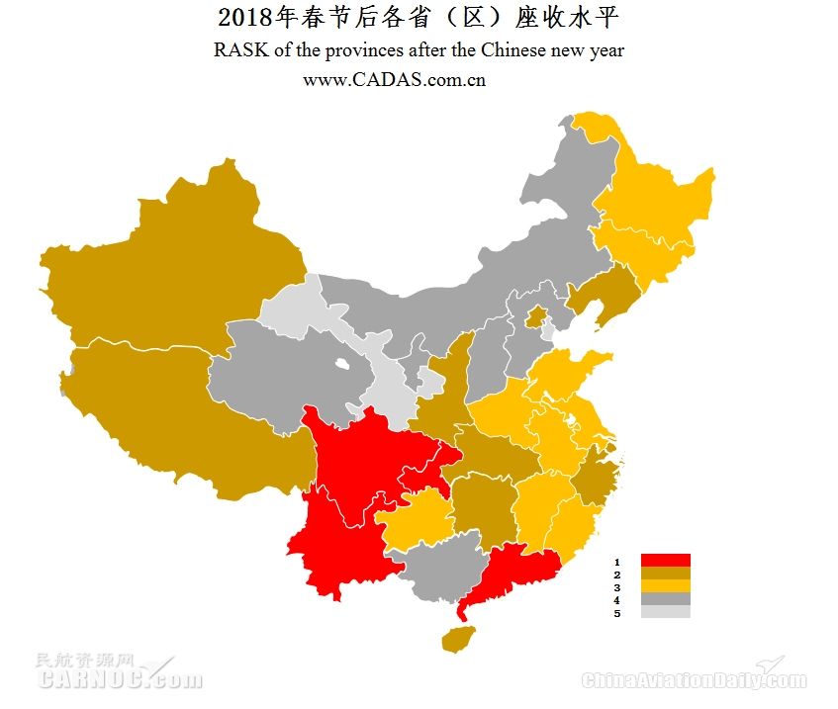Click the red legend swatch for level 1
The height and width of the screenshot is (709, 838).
click(665, 561)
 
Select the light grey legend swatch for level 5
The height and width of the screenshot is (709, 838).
click(665, 612)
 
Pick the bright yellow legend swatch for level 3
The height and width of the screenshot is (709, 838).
click(665, 586)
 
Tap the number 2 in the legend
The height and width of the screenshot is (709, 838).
click(616, 575)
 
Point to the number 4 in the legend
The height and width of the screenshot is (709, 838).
click(616, 600)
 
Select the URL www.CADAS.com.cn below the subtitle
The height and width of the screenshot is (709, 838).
click(394, 80)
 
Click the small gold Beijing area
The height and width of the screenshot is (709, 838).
click(536, 316)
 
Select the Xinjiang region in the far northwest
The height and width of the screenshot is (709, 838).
click(168, 267)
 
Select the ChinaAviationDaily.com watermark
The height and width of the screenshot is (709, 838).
click(693, 679)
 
